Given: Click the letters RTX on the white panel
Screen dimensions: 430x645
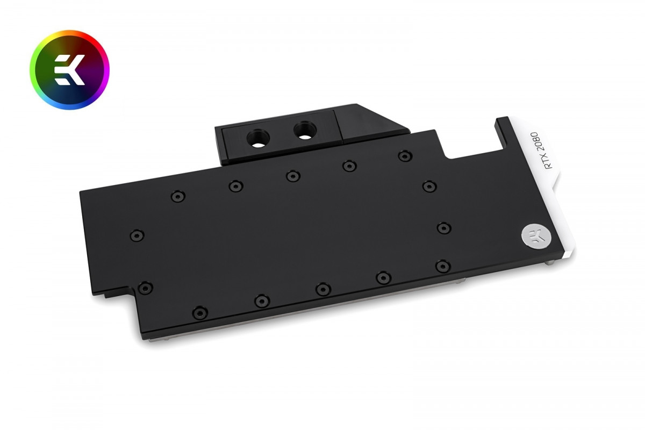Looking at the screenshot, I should click(x=548, y=161).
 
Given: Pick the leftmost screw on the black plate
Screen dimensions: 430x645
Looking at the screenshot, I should click(x=135, y=235).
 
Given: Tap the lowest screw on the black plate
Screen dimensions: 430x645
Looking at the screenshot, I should click(x=199, y=312).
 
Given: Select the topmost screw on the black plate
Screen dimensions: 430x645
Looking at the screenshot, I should click(x=405, y=156).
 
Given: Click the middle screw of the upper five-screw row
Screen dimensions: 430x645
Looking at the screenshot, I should click(x=293, y=176).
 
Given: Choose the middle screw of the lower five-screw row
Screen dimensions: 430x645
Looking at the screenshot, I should click(x=322, y=289).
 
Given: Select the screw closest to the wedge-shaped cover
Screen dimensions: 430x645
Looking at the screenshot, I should click(x=405, y=156).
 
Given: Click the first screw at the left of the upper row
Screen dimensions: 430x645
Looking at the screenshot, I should click(x=177, y=196).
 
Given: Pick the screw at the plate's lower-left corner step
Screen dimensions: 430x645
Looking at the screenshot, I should click(x=145, y=288).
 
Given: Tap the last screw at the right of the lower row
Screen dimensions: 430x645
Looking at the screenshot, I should click(x=442, y=266).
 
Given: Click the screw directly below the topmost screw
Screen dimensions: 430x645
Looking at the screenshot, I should click(x=429, y=187).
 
